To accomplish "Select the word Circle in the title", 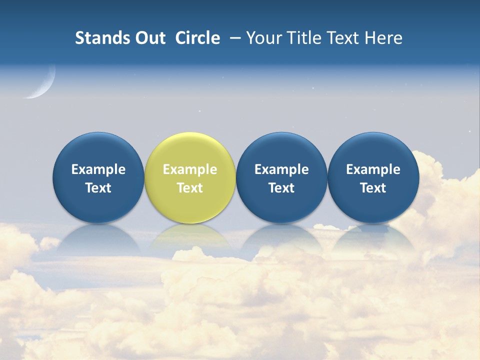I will click(197, 38).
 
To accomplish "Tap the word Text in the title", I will click(343, 38).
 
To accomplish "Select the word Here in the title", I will click(384, 38).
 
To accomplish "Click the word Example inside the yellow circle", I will click(190, 169).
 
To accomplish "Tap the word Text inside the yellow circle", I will click(190, 188).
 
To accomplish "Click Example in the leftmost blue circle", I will click(98, 169).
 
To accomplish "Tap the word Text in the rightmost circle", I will click(373, 188).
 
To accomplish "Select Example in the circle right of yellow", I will click(281, 169).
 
